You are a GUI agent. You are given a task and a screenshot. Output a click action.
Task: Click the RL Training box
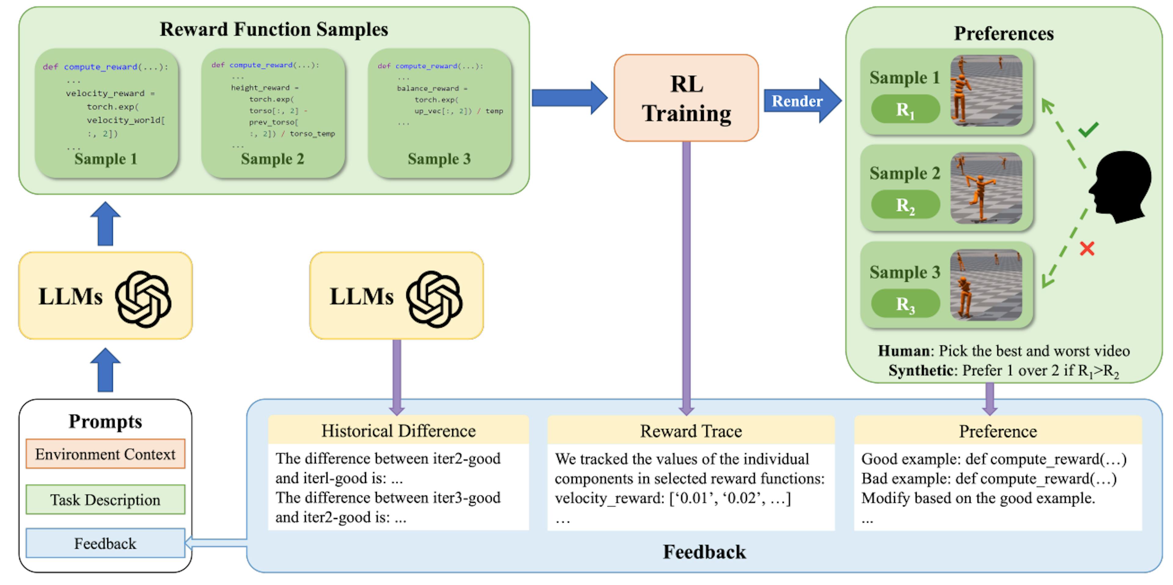point(686,98)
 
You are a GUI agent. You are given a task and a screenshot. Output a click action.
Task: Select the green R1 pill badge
point(905,109)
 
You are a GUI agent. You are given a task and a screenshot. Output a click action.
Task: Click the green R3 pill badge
point(905,304)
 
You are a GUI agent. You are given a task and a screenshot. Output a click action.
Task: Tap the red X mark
point(1087,249)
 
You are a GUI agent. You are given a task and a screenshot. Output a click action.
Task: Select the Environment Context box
point(105,454)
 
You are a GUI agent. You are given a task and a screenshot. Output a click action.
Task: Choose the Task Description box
point(105,499)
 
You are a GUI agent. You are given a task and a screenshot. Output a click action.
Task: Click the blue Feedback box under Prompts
point(105,543)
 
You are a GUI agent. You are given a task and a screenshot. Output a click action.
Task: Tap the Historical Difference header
point(398,431)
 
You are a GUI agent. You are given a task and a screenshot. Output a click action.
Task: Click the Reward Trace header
point(691,431)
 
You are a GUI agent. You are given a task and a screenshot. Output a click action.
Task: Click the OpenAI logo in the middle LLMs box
point(434,299)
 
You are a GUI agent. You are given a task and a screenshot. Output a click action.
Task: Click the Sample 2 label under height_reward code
point(272,159)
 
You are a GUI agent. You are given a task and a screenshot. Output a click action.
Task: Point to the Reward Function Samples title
point(274,29)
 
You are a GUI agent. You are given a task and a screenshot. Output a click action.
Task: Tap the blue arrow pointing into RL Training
point(569,97)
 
